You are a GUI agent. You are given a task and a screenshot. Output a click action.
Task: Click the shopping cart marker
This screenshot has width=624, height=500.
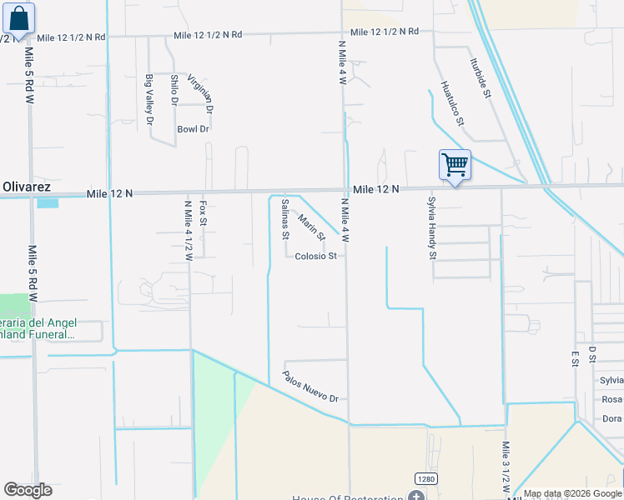point(455,165)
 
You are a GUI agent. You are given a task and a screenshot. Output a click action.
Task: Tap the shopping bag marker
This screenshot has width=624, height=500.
point(18,18)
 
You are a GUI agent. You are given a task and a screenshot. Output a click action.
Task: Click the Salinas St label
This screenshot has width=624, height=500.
point(285,218)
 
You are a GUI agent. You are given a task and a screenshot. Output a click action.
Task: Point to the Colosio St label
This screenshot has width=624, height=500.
point(315,256)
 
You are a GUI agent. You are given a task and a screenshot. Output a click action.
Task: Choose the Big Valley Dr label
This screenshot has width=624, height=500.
point(150,99)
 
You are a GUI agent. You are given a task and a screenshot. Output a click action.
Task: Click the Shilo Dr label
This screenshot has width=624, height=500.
point(174,90)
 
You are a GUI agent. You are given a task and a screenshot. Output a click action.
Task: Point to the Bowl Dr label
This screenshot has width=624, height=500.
point(193,129)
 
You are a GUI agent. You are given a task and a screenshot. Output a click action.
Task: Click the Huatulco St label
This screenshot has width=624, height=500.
point(451,102)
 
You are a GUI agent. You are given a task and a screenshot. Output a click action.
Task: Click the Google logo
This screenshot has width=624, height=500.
point(28,490)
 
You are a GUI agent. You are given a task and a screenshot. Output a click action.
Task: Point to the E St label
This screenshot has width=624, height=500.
point(575,358)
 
